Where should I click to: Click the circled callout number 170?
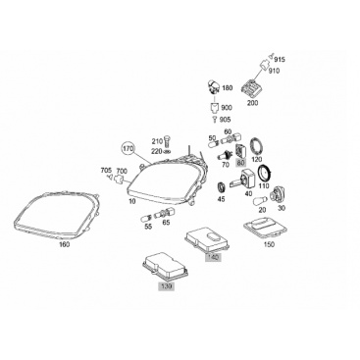128,149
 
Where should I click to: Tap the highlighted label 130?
167,286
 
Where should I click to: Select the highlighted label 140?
213,257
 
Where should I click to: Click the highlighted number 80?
240,162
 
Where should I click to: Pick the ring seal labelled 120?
256,145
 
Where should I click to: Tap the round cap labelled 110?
265,174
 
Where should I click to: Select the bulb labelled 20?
260,199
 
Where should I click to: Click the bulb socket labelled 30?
277,195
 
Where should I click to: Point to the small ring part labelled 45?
222,187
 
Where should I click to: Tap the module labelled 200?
252,87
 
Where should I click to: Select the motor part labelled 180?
214,86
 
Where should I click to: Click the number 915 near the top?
280,60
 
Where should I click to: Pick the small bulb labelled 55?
146,217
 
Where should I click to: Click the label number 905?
225,120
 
